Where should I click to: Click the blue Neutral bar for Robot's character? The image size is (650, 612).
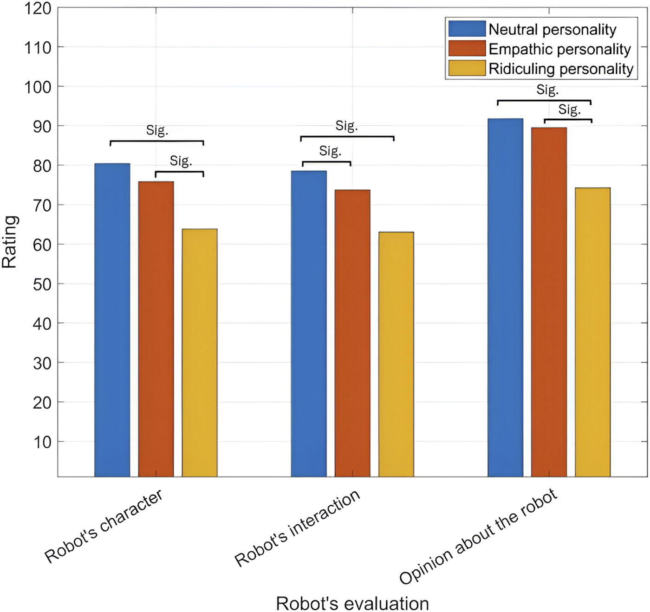(112, 320)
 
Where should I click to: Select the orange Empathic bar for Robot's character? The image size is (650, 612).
(156, 329)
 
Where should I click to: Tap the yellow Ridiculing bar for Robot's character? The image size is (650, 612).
(200, 353)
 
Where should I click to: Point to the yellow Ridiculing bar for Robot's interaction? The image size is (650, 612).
(396, 354)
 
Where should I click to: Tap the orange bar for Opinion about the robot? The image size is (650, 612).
(549, 302)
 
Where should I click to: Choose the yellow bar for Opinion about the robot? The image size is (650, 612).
(592, 332)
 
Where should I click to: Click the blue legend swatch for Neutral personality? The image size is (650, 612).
(467, 29)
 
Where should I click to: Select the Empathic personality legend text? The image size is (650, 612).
(559, 49)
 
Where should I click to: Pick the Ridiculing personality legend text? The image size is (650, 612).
(561, 69)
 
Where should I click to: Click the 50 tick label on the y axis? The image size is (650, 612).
(42, 284)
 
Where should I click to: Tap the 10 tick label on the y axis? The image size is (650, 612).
(42, 442)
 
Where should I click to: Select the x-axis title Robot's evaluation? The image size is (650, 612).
(352, 604)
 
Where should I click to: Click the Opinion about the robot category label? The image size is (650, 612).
(478, 536)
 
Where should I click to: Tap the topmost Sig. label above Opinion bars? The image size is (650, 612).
(547, 90)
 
